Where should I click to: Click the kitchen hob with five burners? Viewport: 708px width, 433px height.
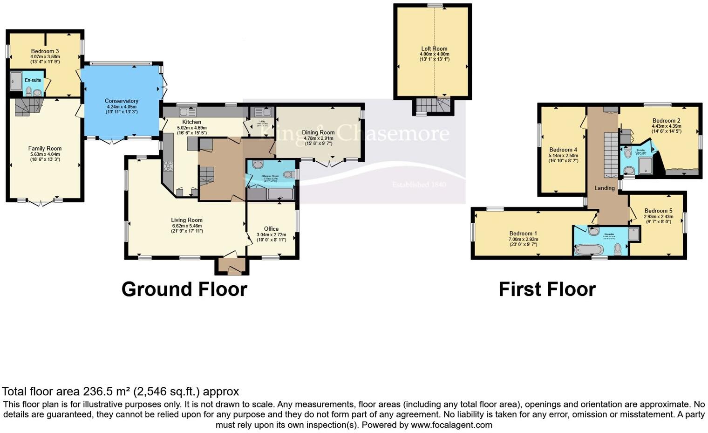coord(168,166)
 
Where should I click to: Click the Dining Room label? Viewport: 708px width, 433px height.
coord(319,132)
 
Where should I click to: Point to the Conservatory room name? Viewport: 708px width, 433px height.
coord(121,101)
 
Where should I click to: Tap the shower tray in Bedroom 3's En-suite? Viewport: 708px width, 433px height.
coord(16,81)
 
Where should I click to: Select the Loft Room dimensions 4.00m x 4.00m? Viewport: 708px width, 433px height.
coord(434,54)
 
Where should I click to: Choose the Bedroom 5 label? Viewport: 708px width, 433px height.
coord(658,211)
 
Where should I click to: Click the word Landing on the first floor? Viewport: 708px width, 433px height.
coord(604,188)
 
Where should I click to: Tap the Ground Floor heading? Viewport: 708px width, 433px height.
coord(184,289)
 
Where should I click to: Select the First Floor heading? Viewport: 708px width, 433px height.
coord(547,289)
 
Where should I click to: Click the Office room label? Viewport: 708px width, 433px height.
coord(271,229)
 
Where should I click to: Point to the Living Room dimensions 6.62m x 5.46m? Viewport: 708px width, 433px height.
coord(186,226)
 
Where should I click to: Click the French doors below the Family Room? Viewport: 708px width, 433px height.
coord(40,202)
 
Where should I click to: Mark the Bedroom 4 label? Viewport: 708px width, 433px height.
coord(563,150)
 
